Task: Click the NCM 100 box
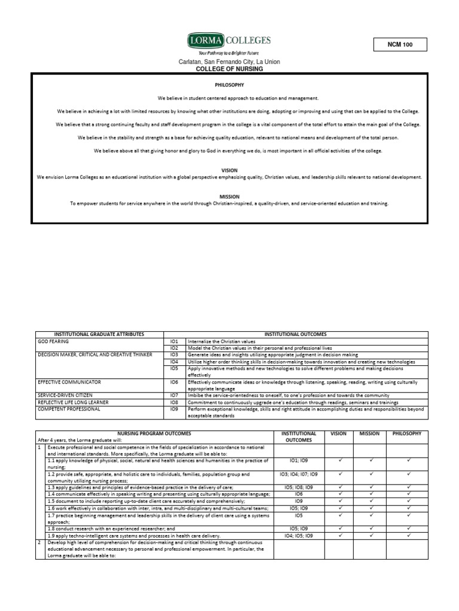point(400,45)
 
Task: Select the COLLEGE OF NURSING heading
point(229,69)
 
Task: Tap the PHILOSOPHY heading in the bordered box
point(229,85)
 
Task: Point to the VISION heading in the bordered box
point(229,170)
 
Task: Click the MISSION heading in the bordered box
point(229,196)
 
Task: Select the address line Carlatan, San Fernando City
point(229,62)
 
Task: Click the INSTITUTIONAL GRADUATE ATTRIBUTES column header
point(99,335)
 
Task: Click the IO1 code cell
point(175,341)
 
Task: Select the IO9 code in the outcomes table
point(175,409)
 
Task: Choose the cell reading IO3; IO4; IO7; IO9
point(299,474)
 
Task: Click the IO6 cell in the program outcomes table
point(299,494)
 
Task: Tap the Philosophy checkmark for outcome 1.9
point(408,535)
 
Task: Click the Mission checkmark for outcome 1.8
point(371,528)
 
